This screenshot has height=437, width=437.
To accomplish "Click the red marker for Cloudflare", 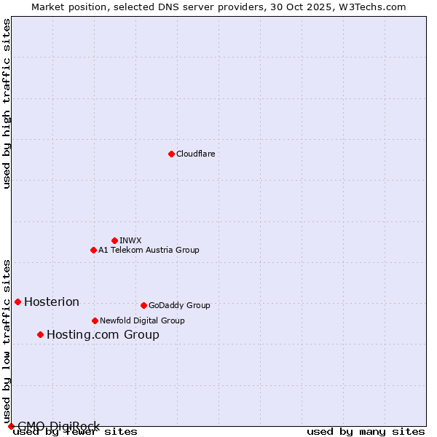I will pyautogui.click(x=171, y=154).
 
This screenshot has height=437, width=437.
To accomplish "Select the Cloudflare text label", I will pyautogui.click(x=196, y=154).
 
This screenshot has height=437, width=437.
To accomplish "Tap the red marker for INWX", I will pyautogui.click(x=114, y=240).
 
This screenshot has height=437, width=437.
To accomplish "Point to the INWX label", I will pyautogui.click(x=130, y=240).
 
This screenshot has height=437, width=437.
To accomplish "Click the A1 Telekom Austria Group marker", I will pyautogui.click(x=93, y=250).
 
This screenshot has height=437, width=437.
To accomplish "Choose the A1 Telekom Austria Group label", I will pyautogui.click(x=149, y=250).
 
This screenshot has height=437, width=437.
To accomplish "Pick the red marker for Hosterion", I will pyautogui.click(x=17, y=302).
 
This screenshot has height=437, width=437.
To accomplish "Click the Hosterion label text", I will pyautogui.click(x=52, y=302).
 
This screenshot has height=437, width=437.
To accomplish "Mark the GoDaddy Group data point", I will pyautogui.click(x=143, y=305).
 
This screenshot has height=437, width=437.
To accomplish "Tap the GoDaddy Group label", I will pyautogui.click(x=179, y=305).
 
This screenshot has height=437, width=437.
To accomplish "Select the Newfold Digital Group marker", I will pyautogui.click(x=95, y=320).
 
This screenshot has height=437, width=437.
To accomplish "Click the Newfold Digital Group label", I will pyautogui.click(x=142, y=320).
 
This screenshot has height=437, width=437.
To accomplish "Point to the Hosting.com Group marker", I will pyautogui.click(x=40, y=334).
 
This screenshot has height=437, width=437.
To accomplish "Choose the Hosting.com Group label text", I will pyautogui.click(x=103, y=335).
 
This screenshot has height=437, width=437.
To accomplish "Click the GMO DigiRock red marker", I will pyautogui.click(x=11, y=426).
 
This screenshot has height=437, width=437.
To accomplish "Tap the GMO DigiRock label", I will pyautogui.click(x=58, y=426).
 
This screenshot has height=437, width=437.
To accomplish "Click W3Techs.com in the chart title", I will pyautogui.click(x=370, y=7).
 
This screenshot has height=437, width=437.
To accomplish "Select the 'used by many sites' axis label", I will pyautogui.click(x=366, y=431).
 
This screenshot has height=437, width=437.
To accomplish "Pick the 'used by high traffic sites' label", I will pyautogui.click(x=7, y=103).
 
